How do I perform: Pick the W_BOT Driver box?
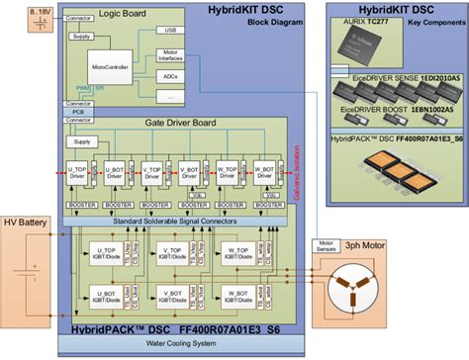pos(264,169)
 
